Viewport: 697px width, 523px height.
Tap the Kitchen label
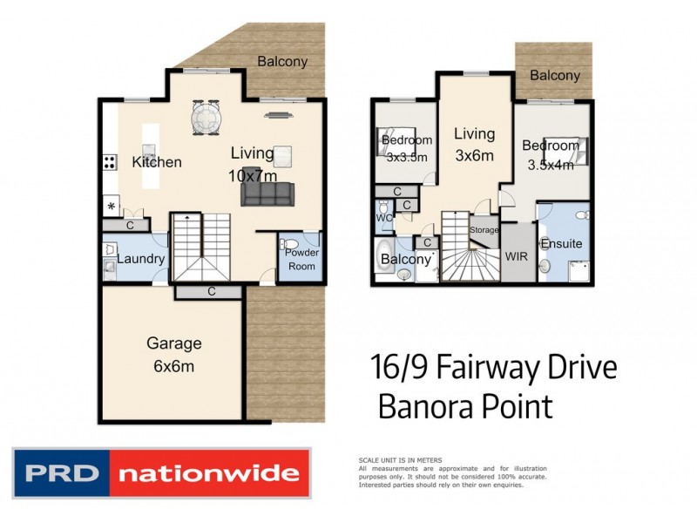[157, 162]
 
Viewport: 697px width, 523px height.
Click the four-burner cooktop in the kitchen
[111, 161]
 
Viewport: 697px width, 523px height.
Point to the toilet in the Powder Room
[293, 244]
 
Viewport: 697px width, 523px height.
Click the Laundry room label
[141, 259]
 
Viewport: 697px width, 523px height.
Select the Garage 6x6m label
[173, 354]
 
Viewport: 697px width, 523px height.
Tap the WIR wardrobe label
[517, 257]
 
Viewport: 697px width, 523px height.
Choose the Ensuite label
[561, 244]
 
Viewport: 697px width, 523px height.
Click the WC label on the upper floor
[382, 217]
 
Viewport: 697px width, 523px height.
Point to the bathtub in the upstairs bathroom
[383, 258]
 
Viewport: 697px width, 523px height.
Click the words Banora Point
[465, 406]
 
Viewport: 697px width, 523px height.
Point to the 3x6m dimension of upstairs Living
[475, 156]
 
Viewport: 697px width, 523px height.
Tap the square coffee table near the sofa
[282, 155]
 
